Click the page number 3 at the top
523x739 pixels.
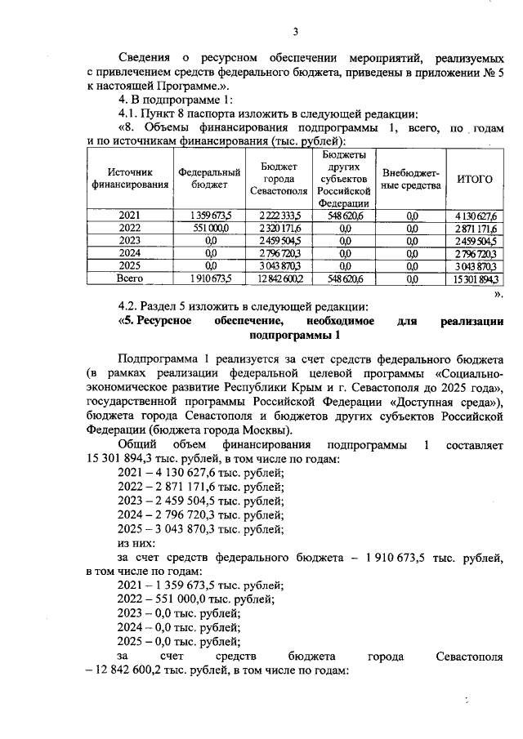[x=298, y=33]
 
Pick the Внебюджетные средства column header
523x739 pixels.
[x=411, y=179]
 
